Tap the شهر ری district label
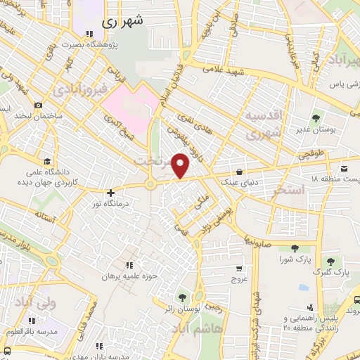pyautogui.click(x=122, y=21)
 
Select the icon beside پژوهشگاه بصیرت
pyautogui.click(x=89, y=34)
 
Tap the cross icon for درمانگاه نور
pyautogui.click(x=110, y=192)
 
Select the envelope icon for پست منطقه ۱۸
pyautogui.click(x=345, y=169)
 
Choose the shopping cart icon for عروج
pyautogui.click(x=239, y=268)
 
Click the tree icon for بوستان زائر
pyautogui.click(x=184, y=298)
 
